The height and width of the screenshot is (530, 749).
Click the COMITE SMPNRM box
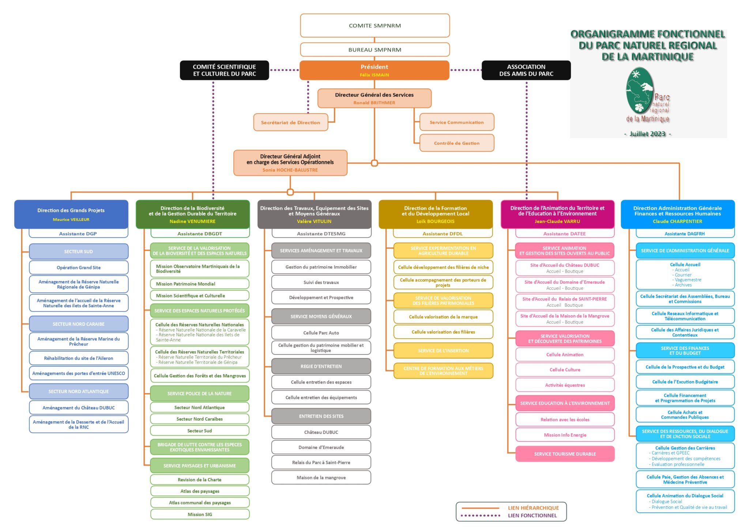374,26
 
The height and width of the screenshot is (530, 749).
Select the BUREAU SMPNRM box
374,50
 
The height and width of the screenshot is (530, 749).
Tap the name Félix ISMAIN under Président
374,75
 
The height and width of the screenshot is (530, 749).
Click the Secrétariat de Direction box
290,123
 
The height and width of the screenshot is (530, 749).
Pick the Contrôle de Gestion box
456,143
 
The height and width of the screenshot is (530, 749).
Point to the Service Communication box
456,122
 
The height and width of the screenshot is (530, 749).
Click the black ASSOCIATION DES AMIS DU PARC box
526,70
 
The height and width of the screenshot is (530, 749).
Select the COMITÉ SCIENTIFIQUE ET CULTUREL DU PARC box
224,70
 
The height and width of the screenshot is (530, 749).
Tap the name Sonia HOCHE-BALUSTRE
290,170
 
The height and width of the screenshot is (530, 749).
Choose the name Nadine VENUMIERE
192,221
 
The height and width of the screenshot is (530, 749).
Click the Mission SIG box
200,514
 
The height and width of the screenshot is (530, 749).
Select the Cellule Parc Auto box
321,333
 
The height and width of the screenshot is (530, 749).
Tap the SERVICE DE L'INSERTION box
443,351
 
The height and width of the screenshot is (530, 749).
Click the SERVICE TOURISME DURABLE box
565,454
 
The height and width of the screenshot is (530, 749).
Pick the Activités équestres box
565,385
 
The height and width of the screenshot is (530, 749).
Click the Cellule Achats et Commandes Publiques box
685,415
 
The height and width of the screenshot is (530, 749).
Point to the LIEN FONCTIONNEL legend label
532,515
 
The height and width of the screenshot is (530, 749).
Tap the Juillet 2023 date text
647,134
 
